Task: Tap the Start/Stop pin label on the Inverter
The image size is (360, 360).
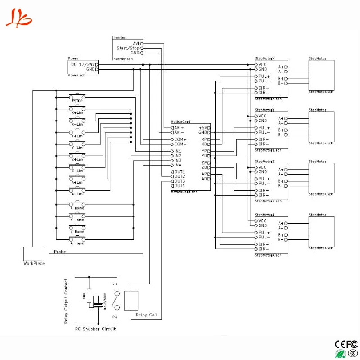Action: click(x=128, y=48)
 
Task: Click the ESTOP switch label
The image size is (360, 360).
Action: click(x=77, y=101)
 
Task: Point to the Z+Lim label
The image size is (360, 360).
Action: click(x=77, y=159)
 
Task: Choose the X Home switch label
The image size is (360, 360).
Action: click(x=77, y=208)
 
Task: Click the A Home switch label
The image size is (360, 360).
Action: click(x=77, y=243)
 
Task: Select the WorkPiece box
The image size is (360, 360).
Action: click(x=33, y=253)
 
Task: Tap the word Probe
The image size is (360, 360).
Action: click(x=60, y=252)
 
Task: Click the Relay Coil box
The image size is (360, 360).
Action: click(x=131, y=300)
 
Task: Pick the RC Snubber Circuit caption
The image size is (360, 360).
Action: click(x=95, y=329)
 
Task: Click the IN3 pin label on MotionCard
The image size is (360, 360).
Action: click(x=178, y=161)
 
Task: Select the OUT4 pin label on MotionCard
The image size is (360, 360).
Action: click(x=179, y=186)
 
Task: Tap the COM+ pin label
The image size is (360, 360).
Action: click(x=180, y=139)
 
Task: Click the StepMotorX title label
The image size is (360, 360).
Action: click(x=265, y=58)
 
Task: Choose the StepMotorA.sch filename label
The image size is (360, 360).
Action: click(x=268, y=255)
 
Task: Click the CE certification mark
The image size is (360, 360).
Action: click(x=340, y=344)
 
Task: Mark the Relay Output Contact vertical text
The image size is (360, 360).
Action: click(x=66, y=301)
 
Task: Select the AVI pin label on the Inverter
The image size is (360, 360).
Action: click(x=136, y=43)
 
